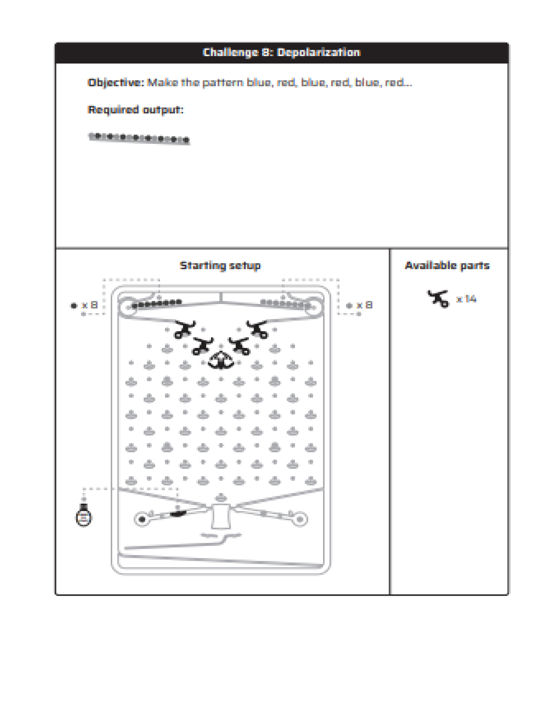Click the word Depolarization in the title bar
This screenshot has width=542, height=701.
(319, 52)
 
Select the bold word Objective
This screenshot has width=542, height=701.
(116, 83)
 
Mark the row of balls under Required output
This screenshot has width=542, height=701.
(139, 138)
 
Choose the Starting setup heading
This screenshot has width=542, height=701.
(220, 266)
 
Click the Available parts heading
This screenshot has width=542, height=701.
(447, 266)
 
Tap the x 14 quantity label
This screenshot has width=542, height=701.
(466, 299)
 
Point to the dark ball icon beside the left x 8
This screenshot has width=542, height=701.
(74, 305)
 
